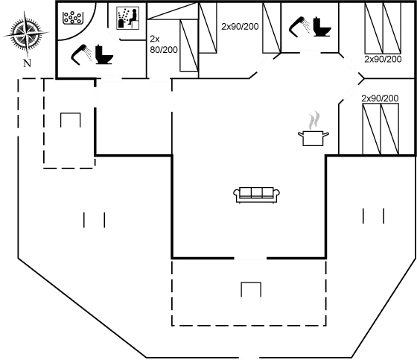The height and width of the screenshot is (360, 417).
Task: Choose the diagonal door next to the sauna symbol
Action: click(x=113, y=35)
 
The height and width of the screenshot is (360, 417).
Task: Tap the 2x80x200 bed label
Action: click(x=240, y=26)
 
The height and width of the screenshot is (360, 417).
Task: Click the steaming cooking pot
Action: click(x=313, y=136)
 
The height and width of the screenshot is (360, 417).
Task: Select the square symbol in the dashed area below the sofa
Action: click(x=251, y=291)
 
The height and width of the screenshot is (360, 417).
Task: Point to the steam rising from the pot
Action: click(x=315, y=119)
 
